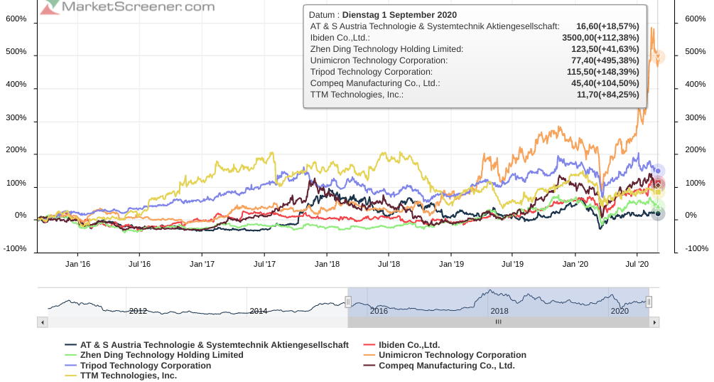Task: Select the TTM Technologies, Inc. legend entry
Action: click(x=128, y=375)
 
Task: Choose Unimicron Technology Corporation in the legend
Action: click(x=452, y=355)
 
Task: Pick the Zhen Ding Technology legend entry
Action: click(x=161, y=355)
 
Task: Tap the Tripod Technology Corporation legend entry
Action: click(x=145, y=366)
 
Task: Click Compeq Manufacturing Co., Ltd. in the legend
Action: click(x=446, y=366)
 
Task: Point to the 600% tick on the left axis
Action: click(x=16, y=19)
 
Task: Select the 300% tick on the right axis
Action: click(x=696, y=117)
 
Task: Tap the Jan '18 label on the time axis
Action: click(x=326, y=264)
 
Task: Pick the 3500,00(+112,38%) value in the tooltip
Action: click(x=601, y=38)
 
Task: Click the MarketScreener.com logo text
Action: click(x=138, y=6)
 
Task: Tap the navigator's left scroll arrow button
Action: click(x=43, y=322)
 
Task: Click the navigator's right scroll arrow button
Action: click(x=654, y=322)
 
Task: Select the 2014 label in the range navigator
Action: click(x=258, y=311)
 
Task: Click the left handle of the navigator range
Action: click(x=348, y=302)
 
